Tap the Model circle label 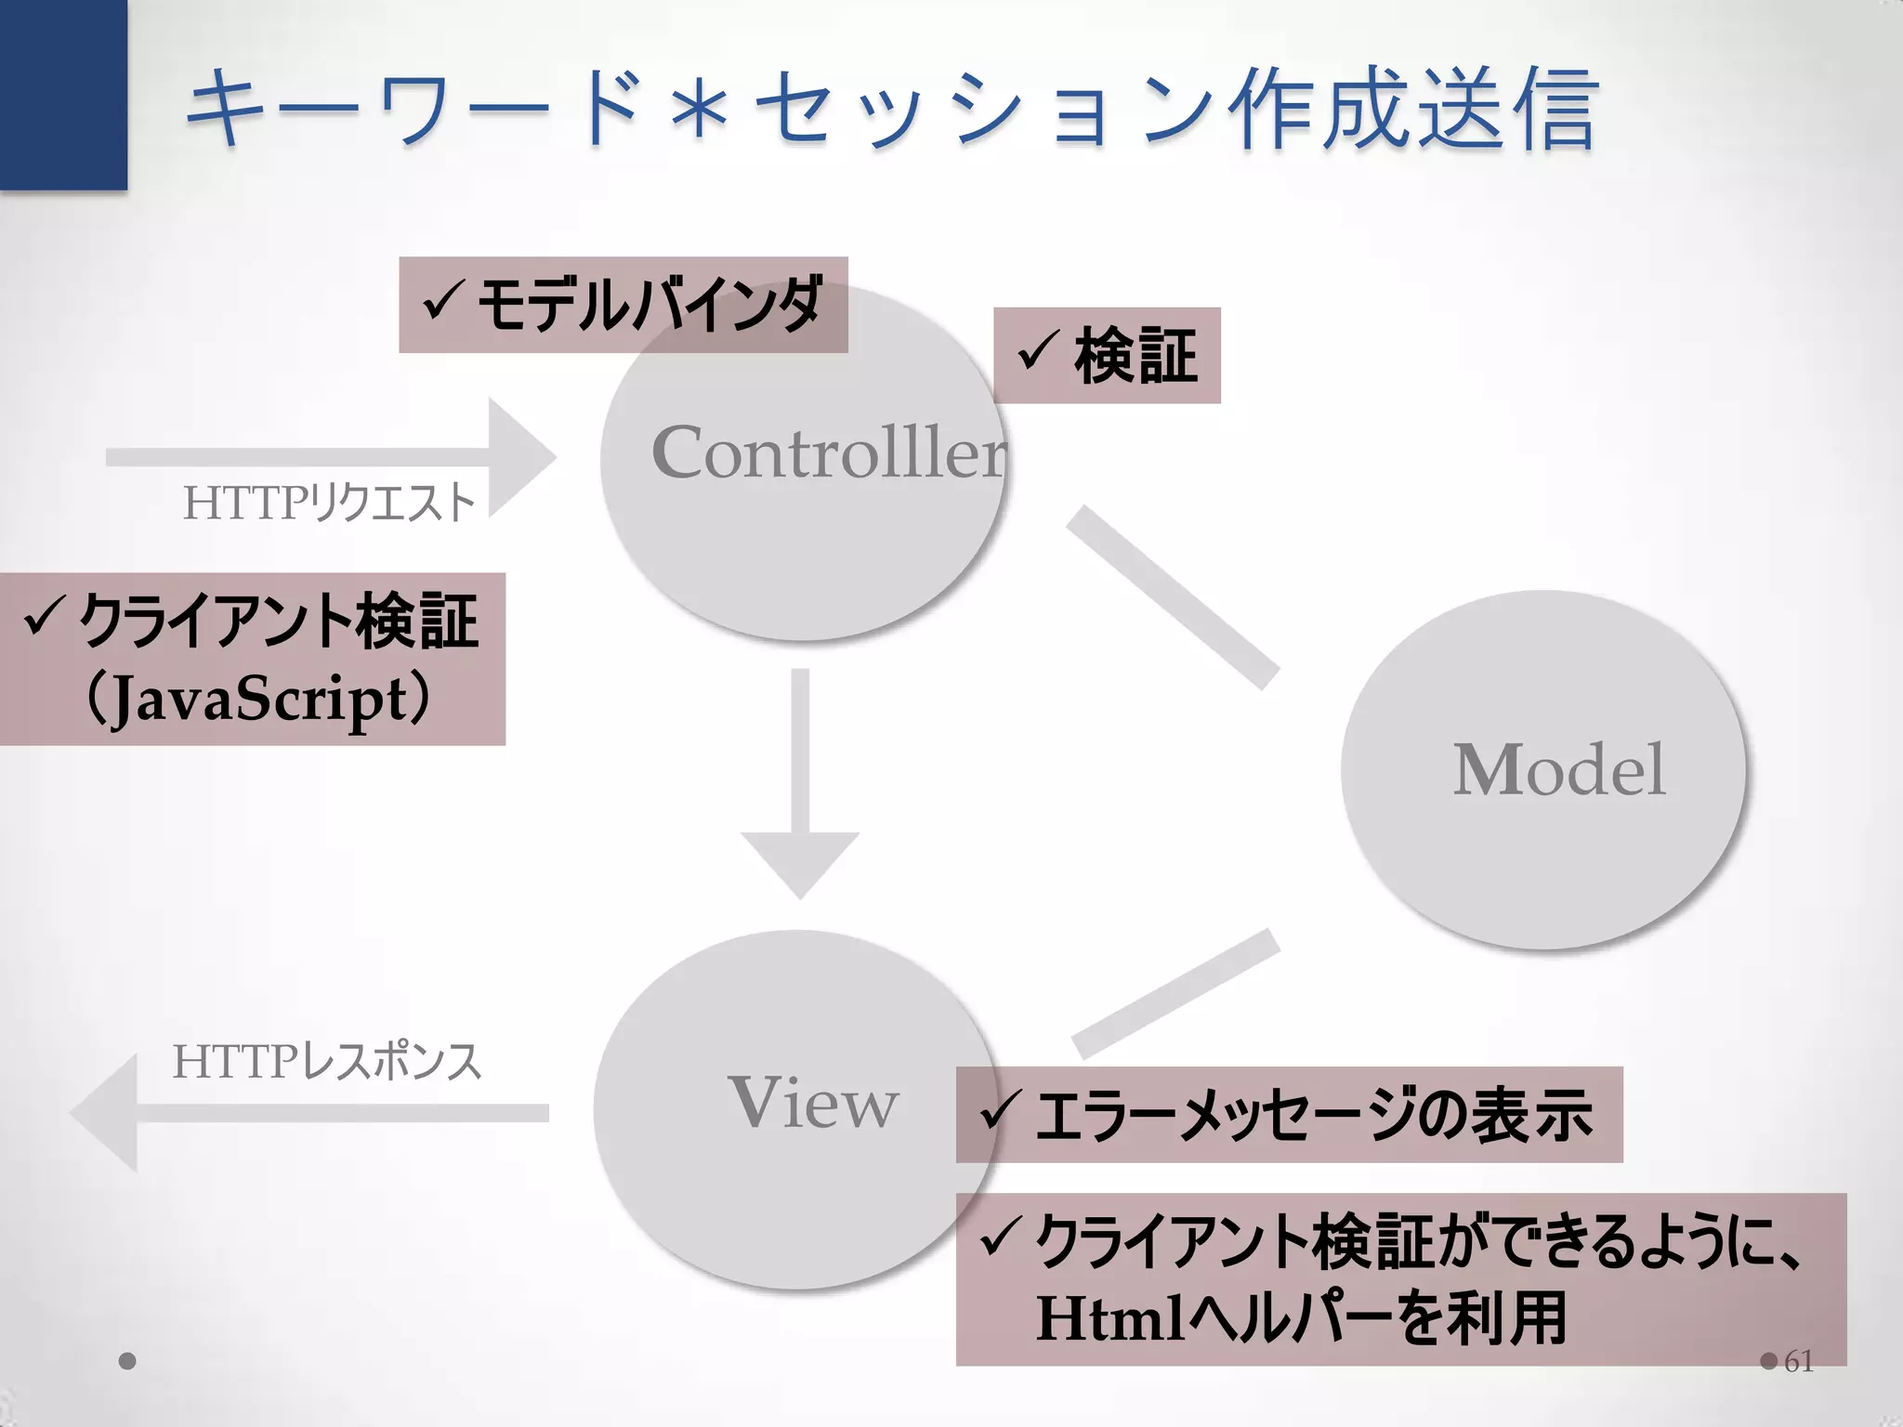tap(1559, 770)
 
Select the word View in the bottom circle tap(813, 1103)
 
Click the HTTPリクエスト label tap(329, 503)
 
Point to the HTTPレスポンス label tap(327, 1061)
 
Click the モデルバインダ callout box tap(623, 305)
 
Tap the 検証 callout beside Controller tap(1107, 356)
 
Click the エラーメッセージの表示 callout tap(1289, 1115)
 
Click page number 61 tap(1799, 1361)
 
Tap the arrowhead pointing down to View tap(800, 862)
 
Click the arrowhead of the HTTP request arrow tap(520, 457)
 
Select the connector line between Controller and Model tap(1173, 598)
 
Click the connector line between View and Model tap(1176, 994)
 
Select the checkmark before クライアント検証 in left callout tap(43, 620)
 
